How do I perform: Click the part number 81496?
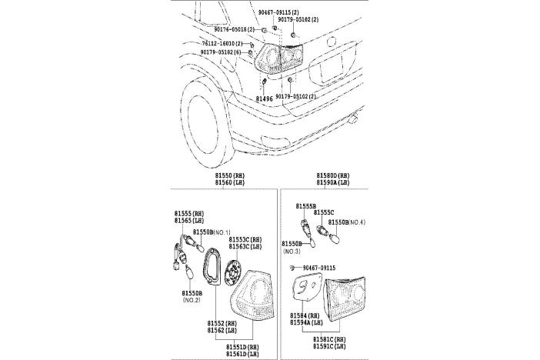(x=264, y=99)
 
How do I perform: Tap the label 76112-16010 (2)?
(x=224, y=44)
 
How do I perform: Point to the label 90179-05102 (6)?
(x=224, y=52)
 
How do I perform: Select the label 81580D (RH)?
(x=332, y=176)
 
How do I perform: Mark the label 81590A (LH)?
(x=332, y=184)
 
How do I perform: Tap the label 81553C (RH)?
(x=245, y=240)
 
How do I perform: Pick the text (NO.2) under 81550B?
(x=192, y=301)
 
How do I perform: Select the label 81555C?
(x=324, y=213)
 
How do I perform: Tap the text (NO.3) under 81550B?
(x=292, y=252)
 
